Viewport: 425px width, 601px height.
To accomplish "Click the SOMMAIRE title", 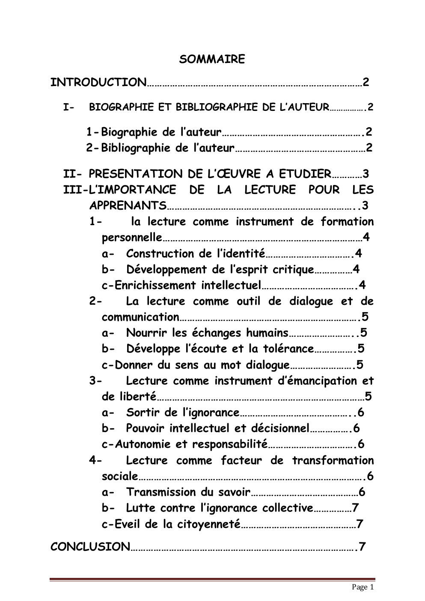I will pos(212,59).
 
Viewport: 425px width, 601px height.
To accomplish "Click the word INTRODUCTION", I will pos(98,82).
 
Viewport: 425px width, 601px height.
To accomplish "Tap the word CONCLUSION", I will pos(90,547).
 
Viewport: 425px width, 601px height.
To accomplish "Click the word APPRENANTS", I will pos(128,206).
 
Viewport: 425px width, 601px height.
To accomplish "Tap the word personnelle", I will pos(132,238).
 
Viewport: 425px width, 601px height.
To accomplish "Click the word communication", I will pos(140,317).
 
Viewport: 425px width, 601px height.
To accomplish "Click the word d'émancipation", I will pos(318,381).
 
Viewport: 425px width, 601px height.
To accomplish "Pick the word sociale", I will pos(120,476).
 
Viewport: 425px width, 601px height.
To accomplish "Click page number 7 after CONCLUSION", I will pos(362,547).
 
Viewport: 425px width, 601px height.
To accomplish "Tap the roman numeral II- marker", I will pos(72,174).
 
